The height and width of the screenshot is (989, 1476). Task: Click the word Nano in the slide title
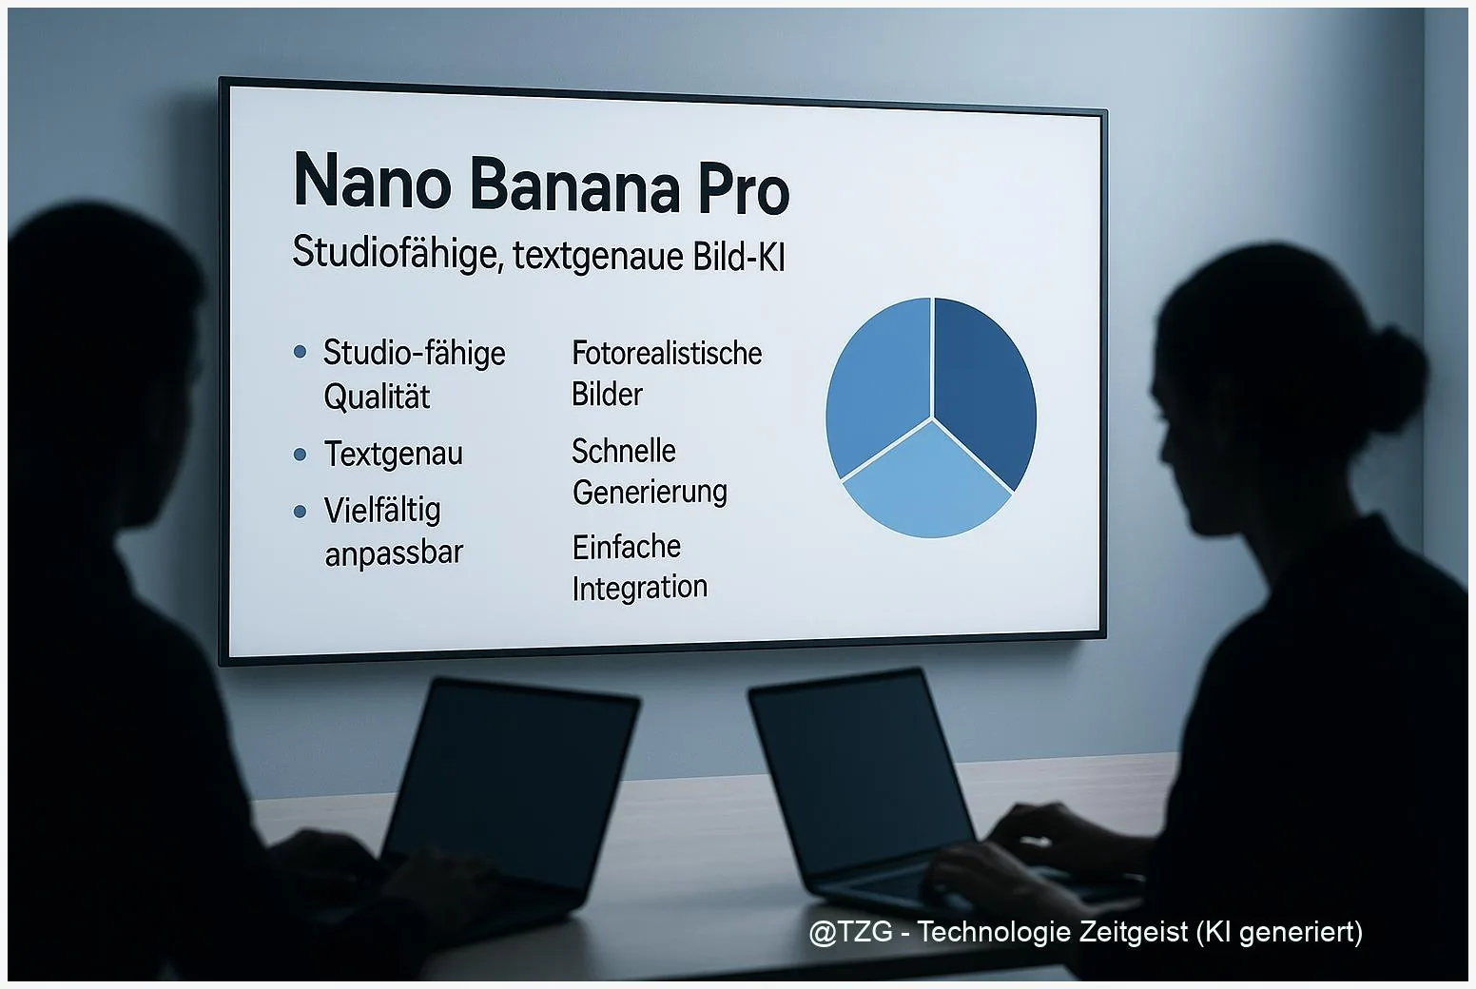tap(372, 182)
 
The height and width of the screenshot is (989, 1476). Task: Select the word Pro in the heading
tap(744, 189)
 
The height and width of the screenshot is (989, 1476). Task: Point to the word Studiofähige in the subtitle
tap(396, 253)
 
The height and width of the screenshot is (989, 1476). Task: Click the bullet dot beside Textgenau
tap(301, 455)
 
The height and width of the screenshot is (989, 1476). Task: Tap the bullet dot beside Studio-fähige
tap(301, 352)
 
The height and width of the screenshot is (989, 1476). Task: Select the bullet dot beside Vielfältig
tap(301, 512)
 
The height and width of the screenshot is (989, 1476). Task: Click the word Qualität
tap(377, 397)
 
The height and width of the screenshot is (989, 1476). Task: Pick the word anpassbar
tap(394, 553)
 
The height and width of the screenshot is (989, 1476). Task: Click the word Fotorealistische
tap(667, 354)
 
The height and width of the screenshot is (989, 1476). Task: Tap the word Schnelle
tap(624, 451)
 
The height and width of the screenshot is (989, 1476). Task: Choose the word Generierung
tap(650, 493)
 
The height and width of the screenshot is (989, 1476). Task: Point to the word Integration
tap(640, 588)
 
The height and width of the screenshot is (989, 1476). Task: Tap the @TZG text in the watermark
tap(851, 932)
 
